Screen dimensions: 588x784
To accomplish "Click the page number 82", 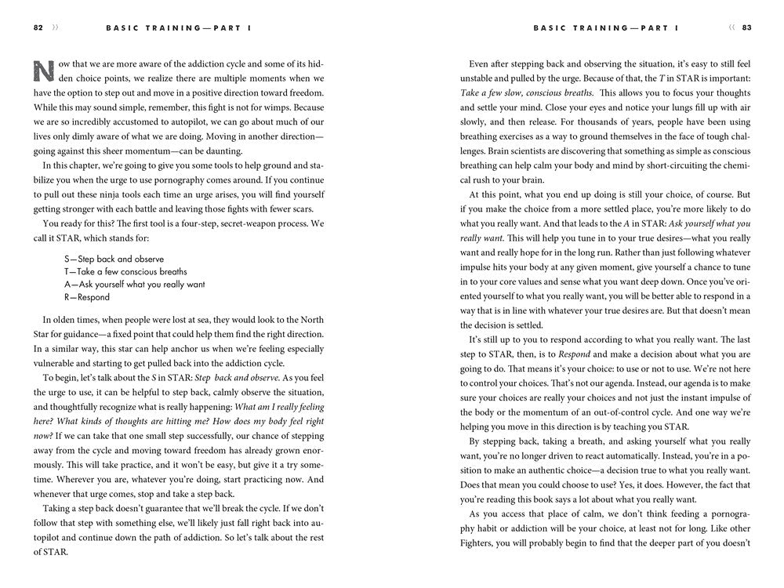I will tap(38, 27).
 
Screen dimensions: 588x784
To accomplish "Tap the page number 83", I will tap(746, 27).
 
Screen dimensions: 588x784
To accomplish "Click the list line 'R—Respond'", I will tap(87, 298).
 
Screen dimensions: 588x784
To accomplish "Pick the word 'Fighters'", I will tap(478, 543).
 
